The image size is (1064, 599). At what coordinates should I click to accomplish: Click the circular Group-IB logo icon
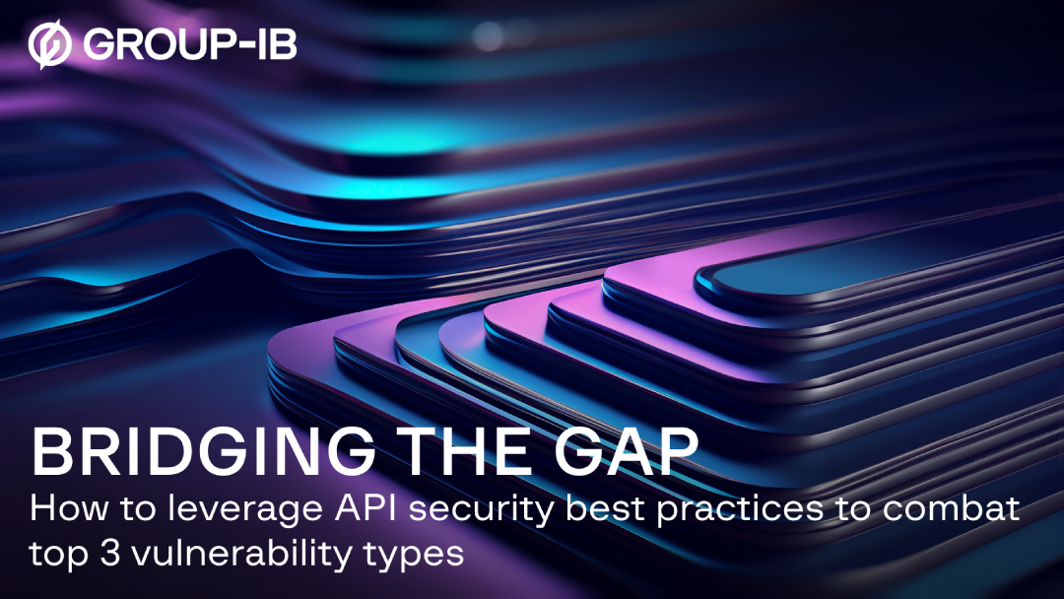50,45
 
